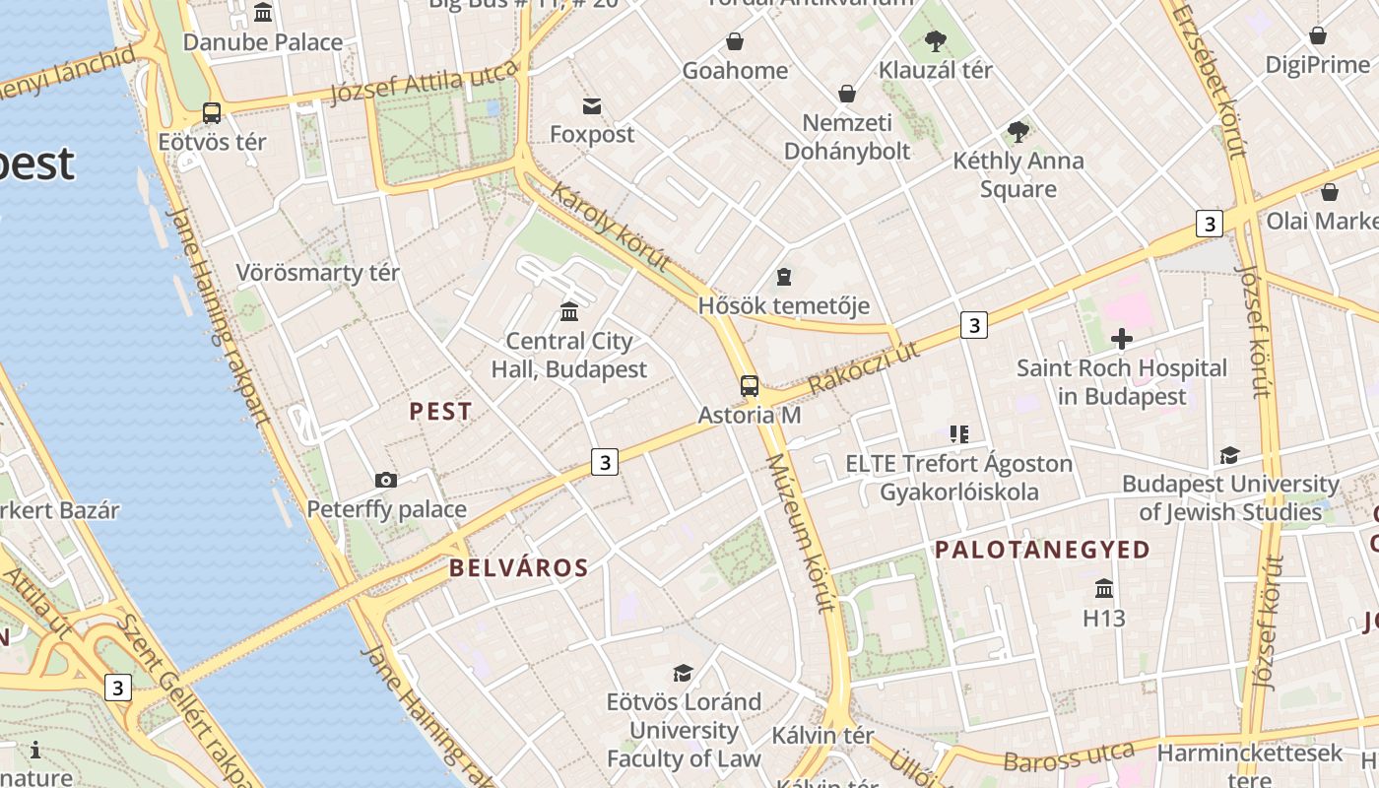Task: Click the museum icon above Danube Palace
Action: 263,13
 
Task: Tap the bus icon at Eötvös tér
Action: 212,113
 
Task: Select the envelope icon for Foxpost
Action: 592,105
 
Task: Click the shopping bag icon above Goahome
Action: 735,41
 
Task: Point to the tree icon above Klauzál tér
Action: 935,41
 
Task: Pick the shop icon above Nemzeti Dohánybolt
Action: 847,94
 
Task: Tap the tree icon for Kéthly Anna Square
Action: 1018,131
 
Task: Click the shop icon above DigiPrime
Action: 1318,36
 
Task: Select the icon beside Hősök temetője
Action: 784,277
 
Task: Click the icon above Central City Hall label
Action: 569,312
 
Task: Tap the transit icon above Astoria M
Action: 750,386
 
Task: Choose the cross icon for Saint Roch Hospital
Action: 1121,340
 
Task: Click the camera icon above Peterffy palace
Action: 386,481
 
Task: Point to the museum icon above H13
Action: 1104,588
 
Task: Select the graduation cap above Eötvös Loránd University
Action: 683,673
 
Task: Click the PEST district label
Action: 440,412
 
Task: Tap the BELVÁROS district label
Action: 518,567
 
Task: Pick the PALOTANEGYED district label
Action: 1042,550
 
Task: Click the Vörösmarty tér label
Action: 317,272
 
